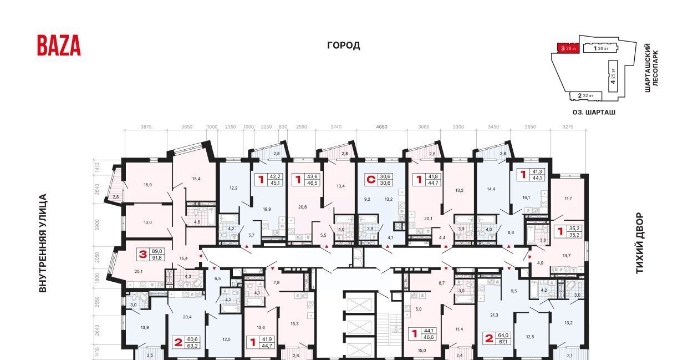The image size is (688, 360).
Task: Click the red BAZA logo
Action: [x=59, y=45]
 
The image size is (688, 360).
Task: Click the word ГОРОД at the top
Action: [x=343, y=45]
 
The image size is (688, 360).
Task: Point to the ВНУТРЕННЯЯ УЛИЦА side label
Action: [x=43, y=243]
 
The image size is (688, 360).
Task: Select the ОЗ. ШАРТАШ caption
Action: [x=594, y=112]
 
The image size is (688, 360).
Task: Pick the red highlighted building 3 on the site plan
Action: [x=569, y=49]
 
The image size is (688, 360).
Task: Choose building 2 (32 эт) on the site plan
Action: [x=585, y=95]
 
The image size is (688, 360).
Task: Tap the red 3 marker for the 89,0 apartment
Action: [x=142, y=255]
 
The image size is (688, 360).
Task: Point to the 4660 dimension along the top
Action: [x=381, y=127]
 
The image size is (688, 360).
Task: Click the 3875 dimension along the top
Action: [x=146, y=127]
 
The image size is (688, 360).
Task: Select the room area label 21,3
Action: [x=494, y=315]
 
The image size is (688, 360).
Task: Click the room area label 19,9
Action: [x=267, y=209]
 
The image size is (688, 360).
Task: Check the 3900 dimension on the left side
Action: [x=96, y=224]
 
